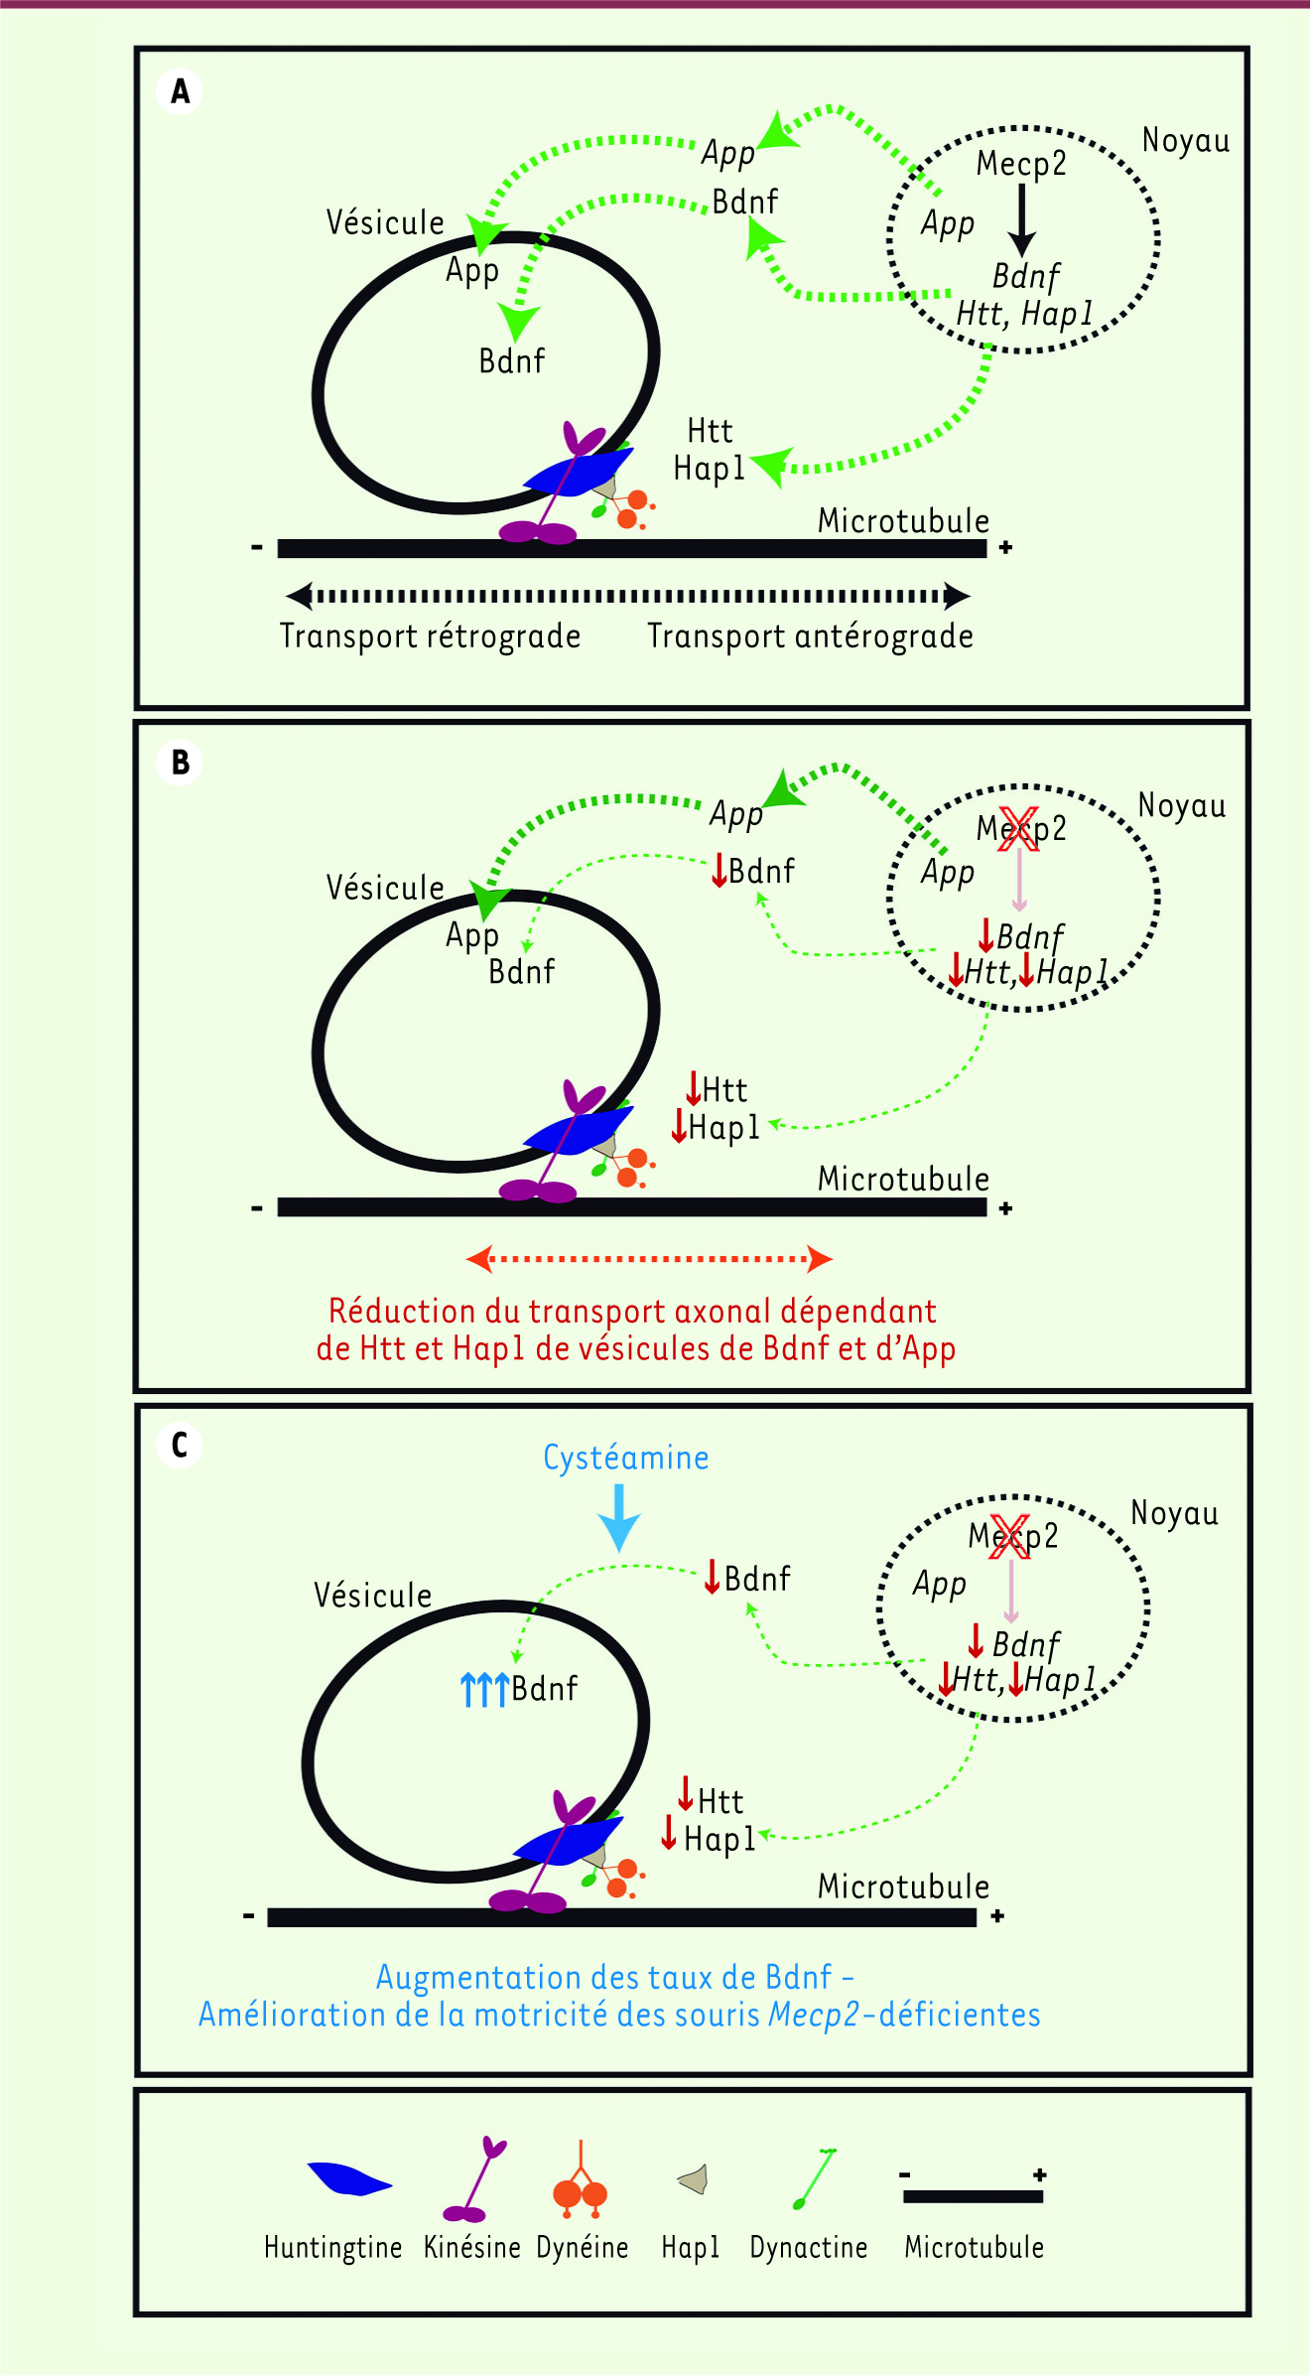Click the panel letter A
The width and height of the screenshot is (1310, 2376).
tap(180, 91)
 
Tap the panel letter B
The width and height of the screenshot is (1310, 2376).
tap(180, 763)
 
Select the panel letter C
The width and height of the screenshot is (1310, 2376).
tap(180, 1445)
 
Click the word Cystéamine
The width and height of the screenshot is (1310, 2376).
tap(625, 1458)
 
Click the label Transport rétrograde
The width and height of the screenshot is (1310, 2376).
tap(430, 635)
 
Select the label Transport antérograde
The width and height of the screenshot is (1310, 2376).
tap(810, 635)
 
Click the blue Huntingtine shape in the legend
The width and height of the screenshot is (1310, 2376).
tap(349, 2179)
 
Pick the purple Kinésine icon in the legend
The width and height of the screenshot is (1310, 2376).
tap(474, 2181)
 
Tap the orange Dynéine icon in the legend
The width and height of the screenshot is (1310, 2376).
tap(581, 2184)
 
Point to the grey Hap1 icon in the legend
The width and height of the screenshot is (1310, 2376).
tap(693, 2179)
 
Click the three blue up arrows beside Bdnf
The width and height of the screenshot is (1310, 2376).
tap(484, 1689)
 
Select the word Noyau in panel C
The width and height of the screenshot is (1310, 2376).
tap(1174, 1513)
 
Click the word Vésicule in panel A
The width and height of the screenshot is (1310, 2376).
tap(385, 222)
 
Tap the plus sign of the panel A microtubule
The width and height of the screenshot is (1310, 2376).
tap(1005, 547)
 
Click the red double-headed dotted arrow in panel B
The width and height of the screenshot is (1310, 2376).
tap(649, 1259)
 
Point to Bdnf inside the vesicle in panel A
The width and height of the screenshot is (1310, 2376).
tap(511, 360)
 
